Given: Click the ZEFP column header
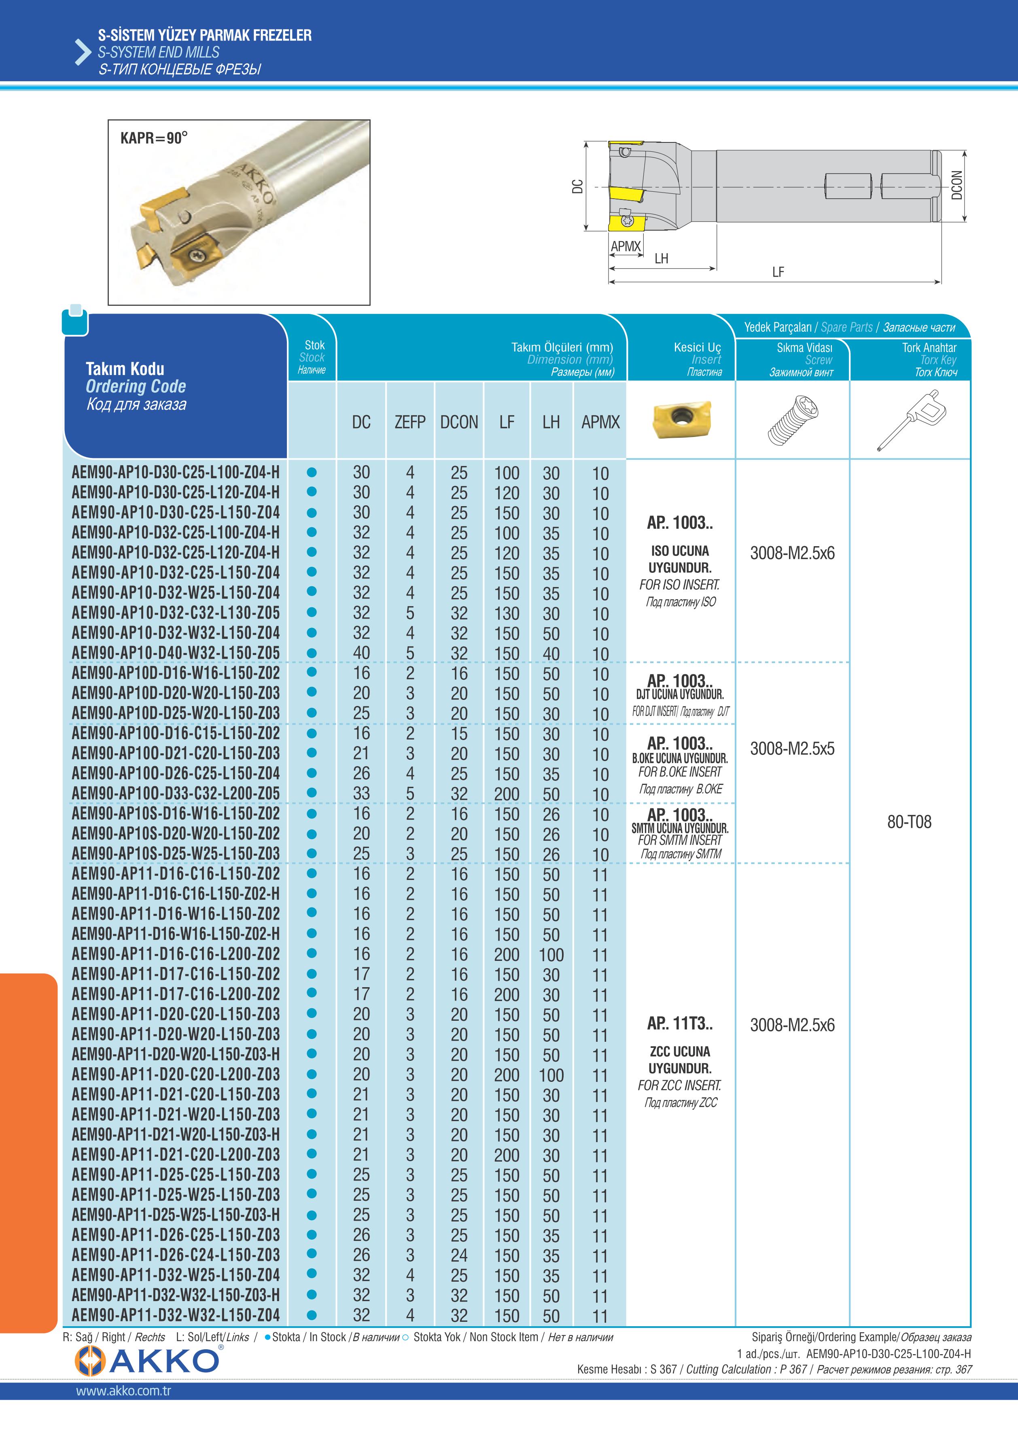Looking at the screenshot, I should [x=410, y=422].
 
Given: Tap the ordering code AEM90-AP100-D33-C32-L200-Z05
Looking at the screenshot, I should [x=175, y=793].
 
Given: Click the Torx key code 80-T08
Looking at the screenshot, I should [x=909, y=822].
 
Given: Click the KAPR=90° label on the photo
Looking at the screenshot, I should [x=154, y=138].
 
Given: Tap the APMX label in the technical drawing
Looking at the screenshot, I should [x=625, y=246].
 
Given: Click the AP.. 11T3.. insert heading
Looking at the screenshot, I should [x=680, y=1024].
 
